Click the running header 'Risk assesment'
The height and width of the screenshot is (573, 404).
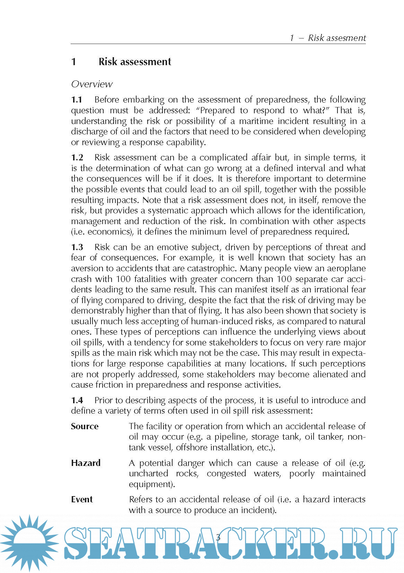(x=336, y=38)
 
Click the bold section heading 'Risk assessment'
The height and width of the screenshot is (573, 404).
(x=134, y=62)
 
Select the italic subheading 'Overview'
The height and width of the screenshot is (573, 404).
(x=92, y=84)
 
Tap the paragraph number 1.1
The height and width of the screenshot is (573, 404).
(x=77, y=100)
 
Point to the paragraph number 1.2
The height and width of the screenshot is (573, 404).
(x=77, y=158)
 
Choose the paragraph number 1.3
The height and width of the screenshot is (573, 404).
(x=77, y=247)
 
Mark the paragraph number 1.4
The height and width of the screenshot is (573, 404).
(x=77, y=400)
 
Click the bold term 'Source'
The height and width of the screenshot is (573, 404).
(x=85, y=426)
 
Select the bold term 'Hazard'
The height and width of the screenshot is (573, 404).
(x=86, y=463)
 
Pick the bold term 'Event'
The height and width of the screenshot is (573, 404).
(x=82, y=500)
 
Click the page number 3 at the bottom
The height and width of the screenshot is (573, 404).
(x=218, y=537)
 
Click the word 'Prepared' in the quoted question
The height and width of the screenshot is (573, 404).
(x=217, y=111)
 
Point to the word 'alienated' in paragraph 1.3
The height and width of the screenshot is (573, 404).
(x=329, y=374)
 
